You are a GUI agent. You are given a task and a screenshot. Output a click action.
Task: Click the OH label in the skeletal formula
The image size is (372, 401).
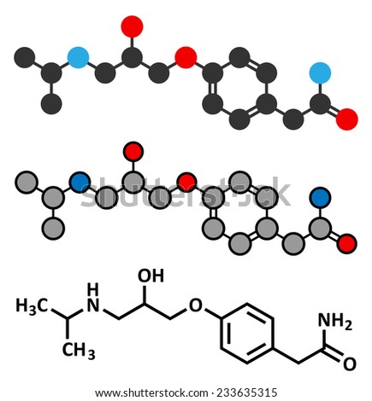coord(151,276)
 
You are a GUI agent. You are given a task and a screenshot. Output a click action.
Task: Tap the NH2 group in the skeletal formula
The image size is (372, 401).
coord(335,322)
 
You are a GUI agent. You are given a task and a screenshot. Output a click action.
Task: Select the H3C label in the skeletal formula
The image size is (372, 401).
coord(32,306)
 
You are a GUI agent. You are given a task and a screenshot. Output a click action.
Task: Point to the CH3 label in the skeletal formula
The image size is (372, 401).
coord(79,351)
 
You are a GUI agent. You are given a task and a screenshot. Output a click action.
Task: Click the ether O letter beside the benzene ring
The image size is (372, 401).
coord(196,305)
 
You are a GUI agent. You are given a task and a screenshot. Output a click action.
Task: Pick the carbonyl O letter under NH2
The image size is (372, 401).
coord(350,364)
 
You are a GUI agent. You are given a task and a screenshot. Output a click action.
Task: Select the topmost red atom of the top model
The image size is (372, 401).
coord(132,26)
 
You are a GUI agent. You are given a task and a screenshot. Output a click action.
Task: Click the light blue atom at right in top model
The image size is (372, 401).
coord(320,73)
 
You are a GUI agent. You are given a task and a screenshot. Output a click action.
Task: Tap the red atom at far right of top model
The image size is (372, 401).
coord(347,119)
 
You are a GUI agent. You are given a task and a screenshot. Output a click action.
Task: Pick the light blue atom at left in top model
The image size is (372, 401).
coord(78,57)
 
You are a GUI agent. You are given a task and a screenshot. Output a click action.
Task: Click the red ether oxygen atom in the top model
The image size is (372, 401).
coord(186,57)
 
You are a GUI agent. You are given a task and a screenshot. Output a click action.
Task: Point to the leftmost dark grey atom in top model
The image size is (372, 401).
coord(25,57)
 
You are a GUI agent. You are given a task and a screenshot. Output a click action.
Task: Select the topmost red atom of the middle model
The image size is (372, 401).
coord(133,152)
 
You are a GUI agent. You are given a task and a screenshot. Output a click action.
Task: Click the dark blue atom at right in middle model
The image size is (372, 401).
coord(321,197)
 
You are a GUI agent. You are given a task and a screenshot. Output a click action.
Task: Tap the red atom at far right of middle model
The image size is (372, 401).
coord(347,243)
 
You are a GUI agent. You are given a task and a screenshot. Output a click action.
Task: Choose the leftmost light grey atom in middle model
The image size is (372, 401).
coord(27,182)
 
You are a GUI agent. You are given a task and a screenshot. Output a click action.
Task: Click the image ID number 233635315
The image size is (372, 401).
coord(247,392)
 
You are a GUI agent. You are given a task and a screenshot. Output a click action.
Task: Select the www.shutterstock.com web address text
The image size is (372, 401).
coord(151,393)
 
